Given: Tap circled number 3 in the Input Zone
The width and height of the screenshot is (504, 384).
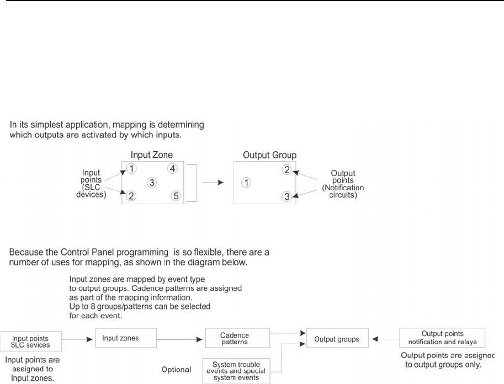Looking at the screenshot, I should pos(152,183).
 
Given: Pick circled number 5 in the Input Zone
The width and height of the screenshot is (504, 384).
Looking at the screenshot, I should pos(176,196).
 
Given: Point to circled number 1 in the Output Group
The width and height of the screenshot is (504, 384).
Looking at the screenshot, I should pos(247,183).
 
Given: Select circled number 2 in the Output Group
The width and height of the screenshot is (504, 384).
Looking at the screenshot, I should pos(287,169).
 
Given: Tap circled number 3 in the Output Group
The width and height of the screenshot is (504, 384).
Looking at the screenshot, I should pos(287,196).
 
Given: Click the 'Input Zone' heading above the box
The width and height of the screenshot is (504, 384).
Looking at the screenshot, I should pos(152,156).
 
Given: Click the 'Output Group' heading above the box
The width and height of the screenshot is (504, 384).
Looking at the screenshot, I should pos(269,156).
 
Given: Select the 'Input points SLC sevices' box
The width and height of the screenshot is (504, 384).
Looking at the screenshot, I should pos(30,342).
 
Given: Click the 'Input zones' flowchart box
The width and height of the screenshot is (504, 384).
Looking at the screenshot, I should pos(126,338).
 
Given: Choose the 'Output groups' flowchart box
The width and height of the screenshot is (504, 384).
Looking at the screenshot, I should pos(337,339).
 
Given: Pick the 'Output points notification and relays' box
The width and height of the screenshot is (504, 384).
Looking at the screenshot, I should pos(442,338).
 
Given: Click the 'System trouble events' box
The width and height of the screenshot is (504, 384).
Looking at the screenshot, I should pos(236,370).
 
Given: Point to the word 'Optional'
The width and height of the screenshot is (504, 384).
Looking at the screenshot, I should pos(176,369).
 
